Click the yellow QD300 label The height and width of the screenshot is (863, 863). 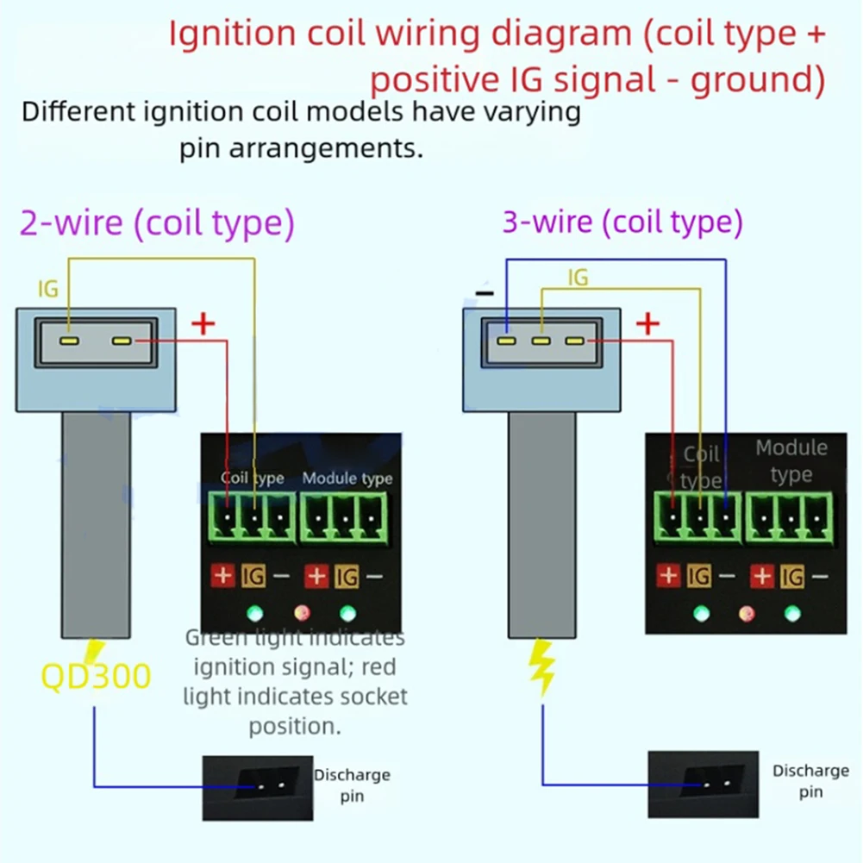(x=96, y=676)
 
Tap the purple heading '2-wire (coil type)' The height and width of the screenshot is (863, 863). (x=158, y=223)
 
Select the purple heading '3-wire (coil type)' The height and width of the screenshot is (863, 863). (x=622, y=222)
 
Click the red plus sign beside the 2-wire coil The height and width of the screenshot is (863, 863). (x=203, y=323)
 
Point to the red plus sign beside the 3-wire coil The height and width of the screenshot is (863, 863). (x=647, y=323)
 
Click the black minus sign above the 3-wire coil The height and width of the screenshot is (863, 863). (x=485, y=293)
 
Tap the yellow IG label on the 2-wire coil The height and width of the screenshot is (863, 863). (x=48, y=289)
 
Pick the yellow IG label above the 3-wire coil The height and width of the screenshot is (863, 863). (x=578, y=278)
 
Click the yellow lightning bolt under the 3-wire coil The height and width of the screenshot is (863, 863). (x=542, y=667)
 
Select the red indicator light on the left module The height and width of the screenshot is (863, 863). (x=302, y=613)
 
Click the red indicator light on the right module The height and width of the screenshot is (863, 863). (x=747, y=613)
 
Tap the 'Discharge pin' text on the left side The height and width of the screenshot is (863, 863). (x=352, y=785)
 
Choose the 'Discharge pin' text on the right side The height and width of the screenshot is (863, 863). (x=810, y=781)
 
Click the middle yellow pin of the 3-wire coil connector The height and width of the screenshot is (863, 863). (x=541, y=341)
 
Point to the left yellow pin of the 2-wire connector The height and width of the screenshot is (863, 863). (x=69, y=341)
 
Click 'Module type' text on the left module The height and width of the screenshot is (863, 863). (x=347, y=478)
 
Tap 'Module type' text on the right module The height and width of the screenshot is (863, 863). (x=791, y=461)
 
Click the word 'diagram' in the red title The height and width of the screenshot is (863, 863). (x=561, y=34)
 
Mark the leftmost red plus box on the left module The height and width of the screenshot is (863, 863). (x=223, y=576)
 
